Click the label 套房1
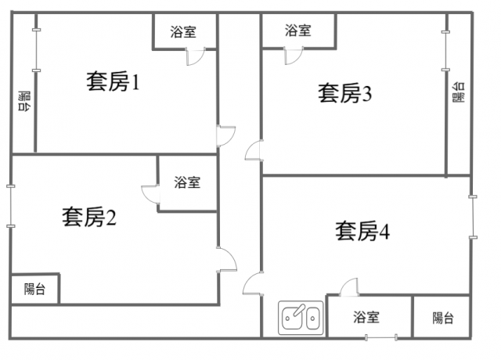coord(112,82)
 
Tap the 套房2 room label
coord(89,217)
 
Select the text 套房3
coord(344,94)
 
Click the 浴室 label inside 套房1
coord(183,32)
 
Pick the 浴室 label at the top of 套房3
coord(297,31)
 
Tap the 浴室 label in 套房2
coord(187,182)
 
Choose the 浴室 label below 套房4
coord(366,318)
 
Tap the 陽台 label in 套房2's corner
coord(34,289)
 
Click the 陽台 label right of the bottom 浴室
coord(443,318)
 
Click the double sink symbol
coord(301,318)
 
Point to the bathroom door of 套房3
coord(292,56)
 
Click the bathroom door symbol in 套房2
coord(150,193)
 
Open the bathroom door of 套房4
coord(349,286)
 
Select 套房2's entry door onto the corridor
coord(226,259)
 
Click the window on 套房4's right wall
coord(472,216)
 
